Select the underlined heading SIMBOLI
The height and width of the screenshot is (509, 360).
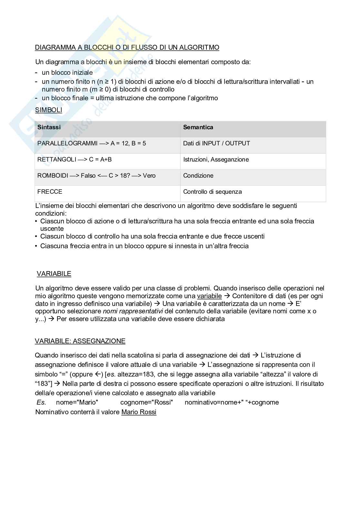[48, 110]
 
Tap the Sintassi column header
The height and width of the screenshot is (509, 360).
[49, 127]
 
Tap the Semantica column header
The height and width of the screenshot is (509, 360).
[198, 127]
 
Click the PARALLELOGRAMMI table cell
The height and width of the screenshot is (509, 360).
[92, 143]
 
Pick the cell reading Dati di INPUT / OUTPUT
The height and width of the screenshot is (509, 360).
[216, 143]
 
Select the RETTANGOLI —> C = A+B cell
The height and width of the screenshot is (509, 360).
[75, 160]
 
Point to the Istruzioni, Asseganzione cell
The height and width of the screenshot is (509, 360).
[216, 160]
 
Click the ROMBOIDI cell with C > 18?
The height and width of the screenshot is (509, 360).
[96, 176]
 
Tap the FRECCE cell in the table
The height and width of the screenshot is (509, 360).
[50, 192]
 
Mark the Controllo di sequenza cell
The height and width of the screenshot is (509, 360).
[212, 192]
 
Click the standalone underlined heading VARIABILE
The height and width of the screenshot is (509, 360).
[54, 274]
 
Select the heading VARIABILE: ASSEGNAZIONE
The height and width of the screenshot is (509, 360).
[80, 341]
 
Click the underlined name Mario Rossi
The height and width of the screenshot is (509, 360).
[139, 412]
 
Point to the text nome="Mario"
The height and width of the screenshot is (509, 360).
[77, 402]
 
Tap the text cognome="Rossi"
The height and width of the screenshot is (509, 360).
[146, 402]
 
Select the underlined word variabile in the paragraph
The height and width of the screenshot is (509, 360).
[209, 296]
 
